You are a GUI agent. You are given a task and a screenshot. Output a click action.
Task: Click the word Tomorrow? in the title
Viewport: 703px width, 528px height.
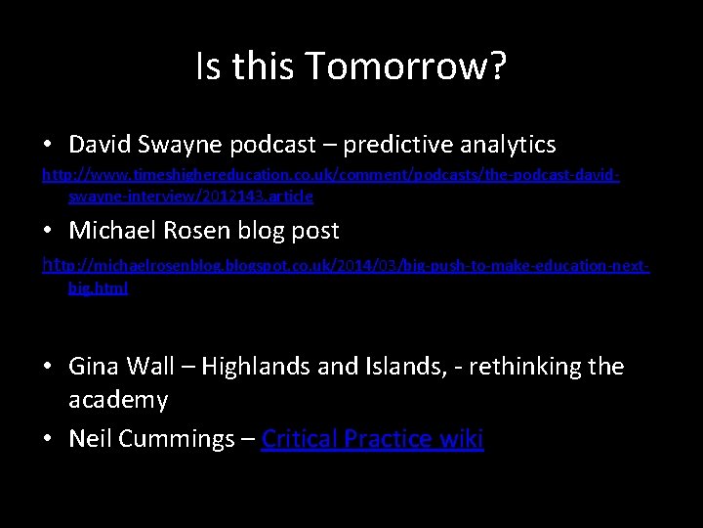(x=405, y=67)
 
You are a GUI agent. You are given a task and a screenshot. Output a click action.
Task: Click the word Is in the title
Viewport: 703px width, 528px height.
(x=207, y=67)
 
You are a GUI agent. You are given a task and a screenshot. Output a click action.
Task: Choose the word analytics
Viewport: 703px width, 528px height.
(x=508, y=146)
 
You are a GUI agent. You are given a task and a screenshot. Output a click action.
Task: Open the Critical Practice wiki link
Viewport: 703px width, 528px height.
(x=372, y=439)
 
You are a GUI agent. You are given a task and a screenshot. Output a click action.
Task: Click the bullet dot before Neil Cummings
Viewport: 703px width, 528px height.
(x=48, y=439)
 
